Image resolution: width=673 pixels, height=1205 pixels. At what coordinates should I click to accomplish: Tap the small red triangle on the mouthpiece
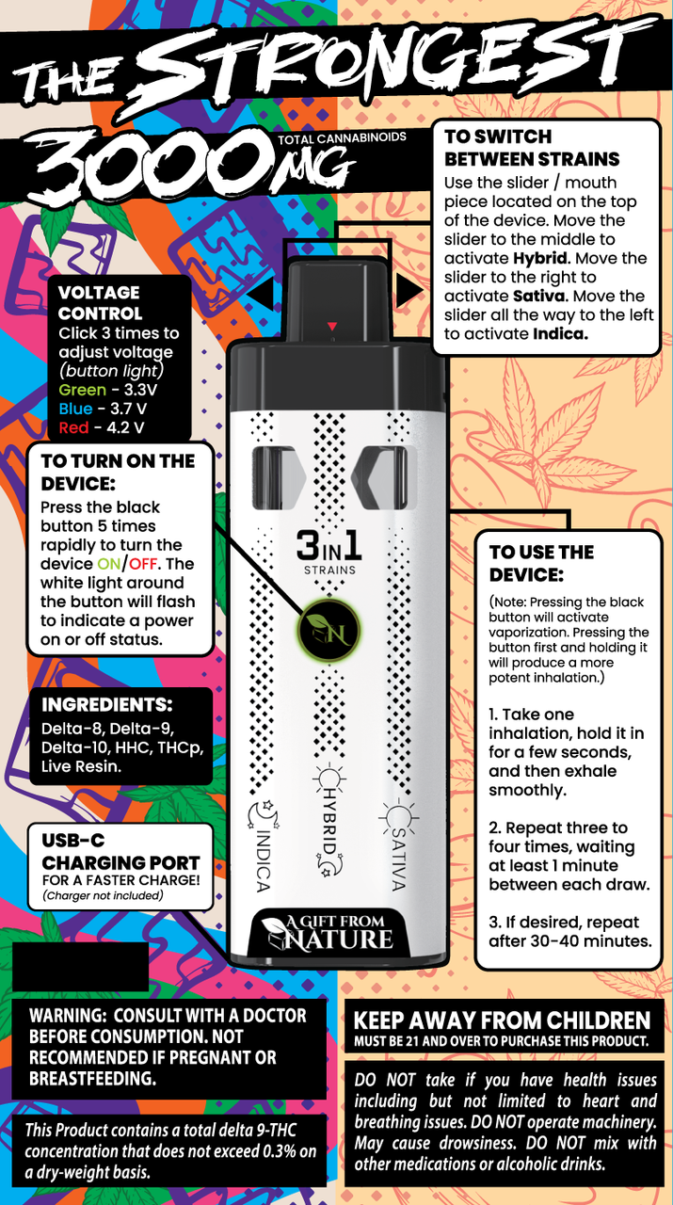click(331, 327)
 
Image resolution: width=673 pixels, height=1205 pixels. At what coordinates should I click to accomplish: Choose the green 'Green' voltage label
click(83, 390)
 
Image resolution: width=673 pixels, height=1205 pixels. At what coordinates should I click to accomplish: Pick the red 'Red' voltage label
click(73, 427)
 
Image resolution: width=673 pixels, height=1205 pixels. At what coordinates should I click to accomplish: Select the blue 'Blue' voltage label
click(75, 409)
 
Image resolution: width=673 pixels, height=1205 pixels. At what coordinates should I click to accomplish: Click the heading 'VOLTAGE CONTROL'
click(99, 303)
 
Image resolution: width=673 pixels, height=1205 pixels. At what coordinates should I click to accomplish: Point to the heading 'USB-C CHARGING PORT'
click(120, 850)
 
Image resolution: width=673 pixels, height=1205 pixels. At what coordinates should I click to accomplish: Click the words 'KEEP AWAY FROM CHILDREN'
click(501, 1021)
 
